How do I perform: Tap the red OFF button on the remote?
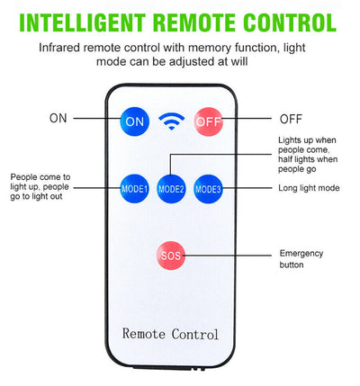tap(209, 121)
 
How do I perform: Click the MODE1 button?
tap(134, 189)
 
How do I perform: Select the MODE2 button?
tap(171, 189)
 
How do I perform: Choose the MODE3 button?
tap(208, 189)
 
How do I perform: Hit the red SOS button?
tap(171, 256)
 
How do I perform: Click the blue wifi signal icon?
tap(172, 121)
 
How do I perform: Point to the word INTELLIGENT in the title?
tap(83, 22)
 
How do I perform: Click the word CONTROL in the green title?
tap(290, 22)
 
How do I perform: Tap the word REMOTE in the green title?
tap(194, 22)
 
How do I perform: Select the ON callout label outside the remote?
tap(58, 118)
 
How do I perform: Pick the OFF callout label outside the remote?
tap(291, 119)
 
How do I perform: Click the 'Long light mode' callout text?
tap(309, 188)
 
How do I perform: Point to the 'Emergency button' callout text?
tap(301, 259)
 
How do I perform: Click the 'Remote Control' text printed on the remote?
tap(170, 334)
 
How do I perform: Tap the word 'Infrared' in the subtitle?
tap(59, 48)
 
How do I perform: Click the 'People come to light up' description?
tap(40, 182)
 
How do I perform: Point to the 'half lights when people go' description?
tap(308, 164)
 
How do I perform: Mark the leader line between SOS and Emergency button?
tap(227, 256)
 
